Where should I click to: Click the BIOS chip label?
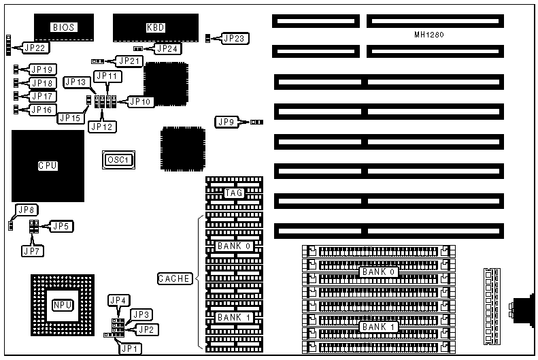63,27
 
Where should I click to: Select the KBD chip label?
156,27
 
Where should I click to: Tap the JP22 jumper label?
35,48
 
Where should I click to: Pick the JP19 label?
42,69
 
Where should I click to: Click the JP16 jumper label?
42,110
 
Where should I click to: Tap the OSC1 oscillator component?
118,160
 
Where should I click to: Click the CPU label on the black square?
48,165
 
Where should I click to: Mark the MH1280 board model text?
429,34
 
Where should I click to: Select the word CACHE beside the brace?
175,278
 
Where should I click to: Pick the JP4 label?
118,300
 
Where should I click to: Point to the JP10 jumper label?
141,101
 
